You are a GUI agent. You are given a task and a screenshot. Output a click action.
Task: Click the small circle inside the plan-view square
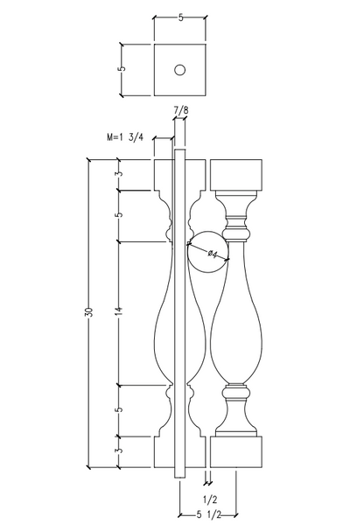(180, 70)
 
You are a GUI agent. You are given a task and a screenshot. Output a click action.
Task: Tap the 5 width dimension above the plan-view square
(180, 17)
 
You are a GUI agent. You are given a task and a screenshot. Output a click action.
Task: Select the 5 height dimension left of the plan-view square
(122, 68)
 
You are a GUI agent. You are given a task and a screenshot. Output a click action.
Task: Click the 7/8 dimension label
(180, 110)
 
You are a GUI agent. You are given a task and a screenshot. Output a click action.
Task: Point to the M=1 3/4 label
(125, 137)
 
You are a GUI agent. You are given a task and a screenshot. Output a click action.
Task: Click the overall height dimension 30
(89, 312)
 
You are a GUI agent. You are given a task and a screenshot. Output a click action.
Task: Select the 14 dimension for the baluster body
(121, 311)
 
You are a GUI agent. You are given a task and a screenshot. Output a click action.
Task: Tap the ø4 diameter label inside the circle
(213, 254)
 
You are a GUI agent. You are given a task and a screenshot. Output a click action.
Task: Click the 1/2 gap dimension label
(210, 500)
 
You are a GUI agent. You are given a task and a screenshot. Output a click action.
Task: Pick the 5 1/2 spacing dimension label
(207, 515)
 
